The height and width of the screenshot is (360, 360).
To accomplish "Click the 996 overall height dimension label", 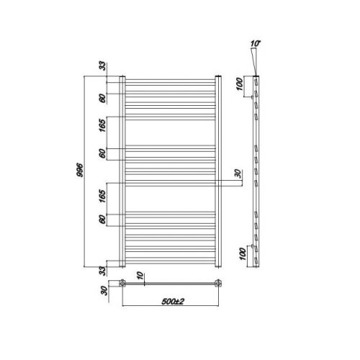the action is tap(80, 170).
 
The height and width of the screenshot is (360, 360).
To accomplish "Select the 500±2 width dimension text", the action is tap(173, 302).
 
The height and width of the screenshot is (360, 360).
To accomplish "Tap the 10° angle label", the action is tap(256, 44).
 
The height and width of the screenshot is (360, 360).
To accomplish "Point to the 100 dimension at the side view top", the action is tap(240, 84).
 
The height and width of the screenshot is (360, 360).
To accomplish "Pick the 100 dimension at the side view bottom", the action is tap(243, 254).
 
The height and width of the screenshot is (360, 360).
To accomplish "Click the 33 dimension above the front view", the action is tap(102, 66).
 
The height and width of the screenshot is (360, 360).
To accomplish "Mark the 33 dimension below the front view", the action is tap(102, 271).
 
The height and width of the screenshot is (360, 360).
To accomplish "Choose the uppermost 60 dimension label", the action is tap(102, 99).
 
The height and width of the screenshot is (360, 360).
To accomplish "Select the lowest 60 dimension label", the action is tap(102, 220).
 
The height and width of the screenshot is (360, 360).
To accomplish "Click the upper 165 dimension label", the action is tap(102, 125).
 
